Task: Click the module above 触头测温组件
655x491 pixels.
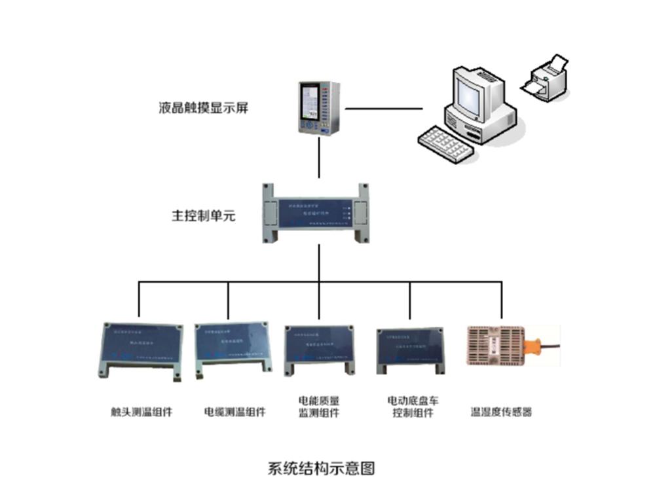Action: click(x=139, y=351)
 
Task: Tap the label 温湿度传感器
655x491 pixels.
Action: click(x=501, y=412)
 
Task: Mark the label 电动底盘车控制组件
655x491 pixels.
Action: click(x=411, y=406)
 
